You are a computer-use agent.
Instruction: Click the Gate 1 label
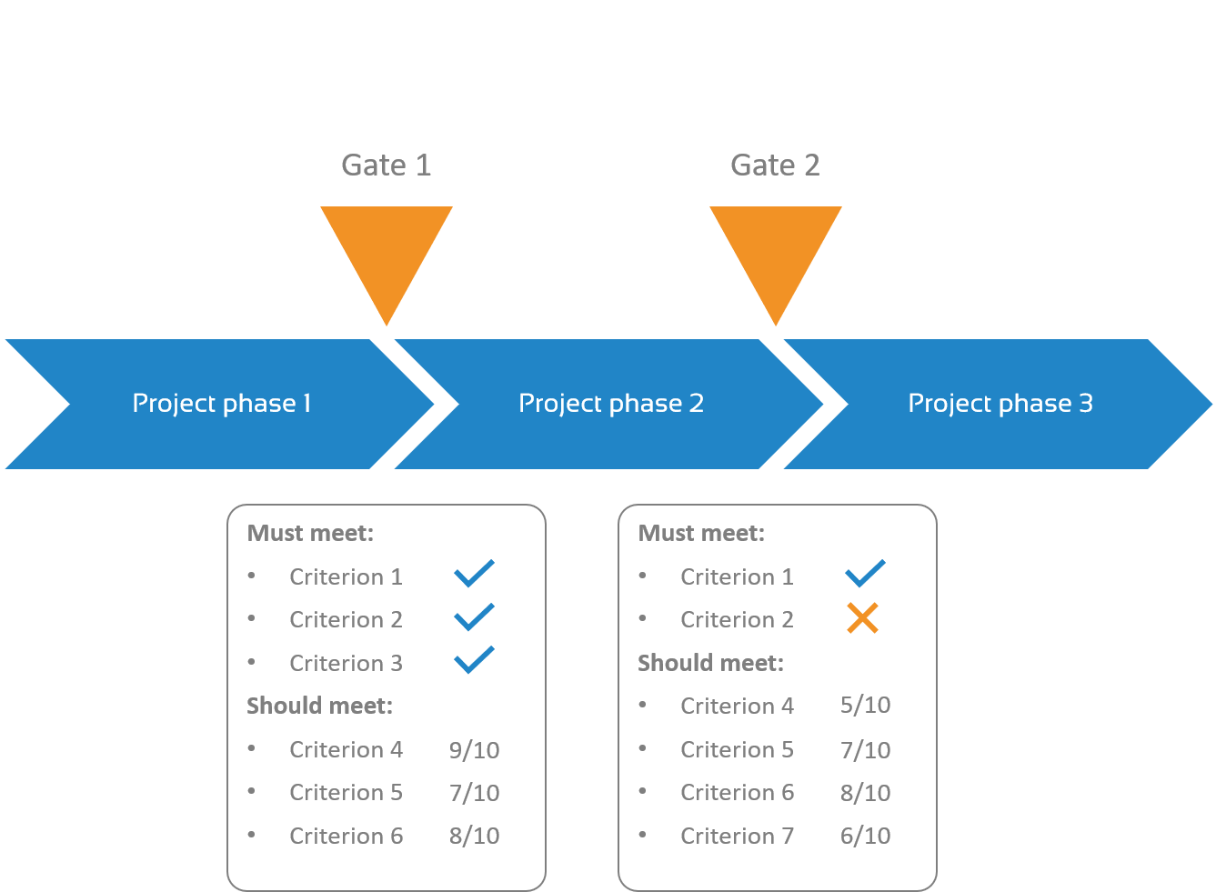click(386, 165)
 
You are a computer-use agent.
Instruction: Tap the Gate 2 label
click(775, 165)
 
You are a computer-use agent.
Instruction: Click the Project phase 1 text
click(222, 404)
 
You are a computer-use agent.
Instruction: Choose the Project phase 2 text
click(611, 404)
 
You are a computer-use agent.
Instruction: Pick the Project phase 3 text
click(1000, 404)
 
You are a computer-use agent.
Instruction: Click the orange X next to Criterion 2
click(862, 618)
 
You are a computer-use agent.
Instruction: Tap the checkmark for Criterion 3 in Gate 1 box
click(474, 660)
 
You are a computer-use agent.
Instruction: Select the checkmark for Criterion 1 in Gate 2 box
click(865, 574)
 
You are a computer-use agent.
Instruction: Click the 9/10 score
click(474, 750)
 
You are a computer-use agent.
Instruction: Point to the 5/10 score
click(865, 706)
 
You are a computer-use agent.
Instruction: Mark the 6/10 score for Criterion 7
click(865, 836)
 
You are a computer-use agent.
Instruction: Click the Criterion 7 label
click(737, 836)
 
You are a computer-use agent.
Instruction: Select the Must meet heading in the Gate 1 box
click(310, 533)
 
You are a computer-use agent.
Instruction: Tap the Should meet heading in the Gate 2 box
click(710, 663)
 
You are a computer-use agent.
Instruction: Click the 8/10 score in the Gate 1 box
click(474, 836)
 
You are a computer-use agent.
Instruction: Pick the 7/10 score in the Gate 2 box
click(865, 750)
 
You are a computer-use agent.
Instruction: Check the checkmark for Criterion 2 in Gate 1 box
click(474, 617)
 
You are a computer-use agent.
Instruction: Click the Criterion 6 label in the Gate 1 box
click(346, 836)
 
